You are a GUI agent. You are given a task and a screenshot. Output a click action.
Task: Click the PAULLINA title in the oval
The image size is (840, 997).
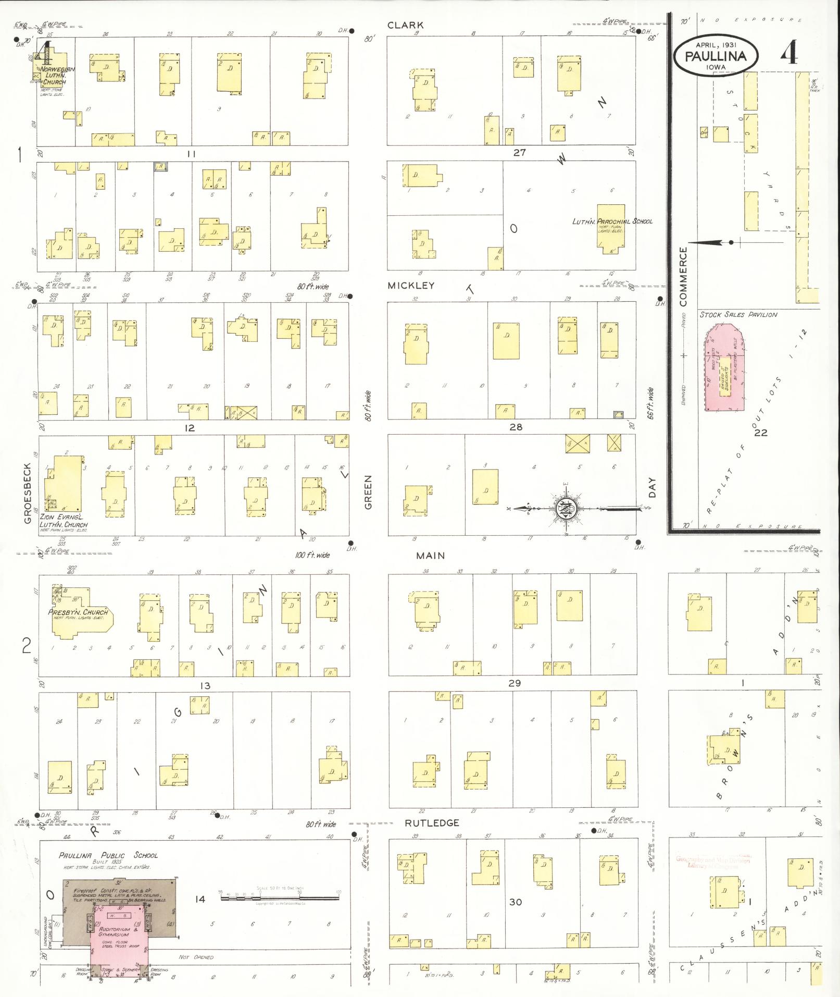[716, 56]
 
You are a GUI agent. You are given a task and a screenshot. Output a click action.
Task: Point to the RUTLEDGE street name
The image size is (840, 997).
[432, 823]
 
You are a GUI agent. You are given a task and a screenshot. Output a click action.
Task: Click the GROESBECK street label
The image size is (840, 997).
[28, 493]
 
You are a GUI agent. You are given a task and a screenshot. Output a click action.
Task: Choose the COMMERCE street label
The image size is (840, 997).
[683, 277]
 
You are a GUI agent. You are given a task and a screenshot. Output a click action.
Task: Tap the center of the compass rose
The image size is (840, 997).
[567, 509]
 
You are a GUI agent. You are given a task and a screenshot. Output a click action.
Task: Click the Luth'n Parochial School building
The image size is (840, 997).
[611, 228]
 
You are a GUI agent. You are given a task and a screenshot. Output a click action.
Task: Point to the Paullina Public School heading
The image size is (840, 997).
[108, 855]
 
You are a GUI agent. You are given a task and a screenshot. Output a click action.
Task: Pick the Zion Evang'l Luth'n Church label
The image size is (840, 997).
[64, 521]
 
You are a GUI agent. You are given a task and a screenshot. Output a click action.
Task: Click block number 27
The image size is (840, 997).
[519, 153]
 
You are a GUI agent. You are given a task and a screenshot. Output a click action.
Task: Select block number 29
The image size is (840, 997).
[514, 683]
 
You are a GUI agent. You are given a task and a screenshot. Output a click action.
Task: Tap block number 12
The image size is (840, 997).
[189, 428]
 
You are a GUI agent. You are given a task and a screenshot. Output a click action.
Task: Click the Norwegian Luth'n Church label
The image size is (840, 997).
[58, 76]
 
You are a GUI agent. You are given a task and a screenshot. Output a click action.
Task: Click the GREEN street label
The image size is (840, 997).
[368, 492]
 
